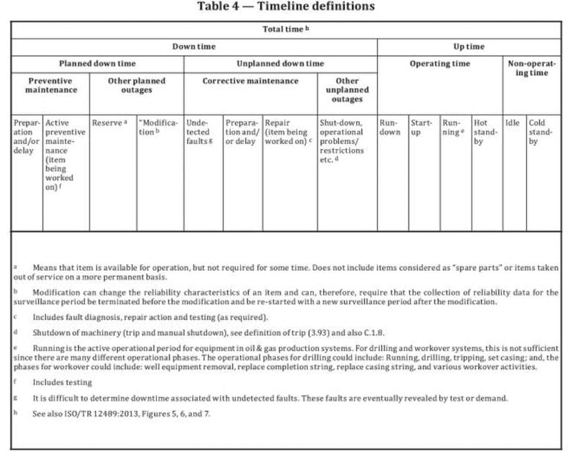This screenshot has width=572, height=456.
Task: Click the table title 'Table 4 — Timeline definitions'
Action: click(285, 7)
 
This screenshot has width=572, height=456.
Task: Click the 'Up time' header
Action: click(468, 46)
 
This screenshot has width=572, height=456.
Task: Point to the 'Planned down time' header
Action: click(98, 63)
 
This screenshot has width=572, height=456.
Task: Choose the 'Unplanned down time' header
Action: click(280, 63)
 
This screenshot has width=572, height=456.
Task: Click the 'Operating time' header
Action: click(439, 63)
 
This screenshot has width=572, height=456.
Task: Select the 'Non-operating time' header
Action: click(532, 68)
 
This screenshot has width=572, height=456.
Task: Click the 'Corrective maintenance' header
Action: click(250, 80)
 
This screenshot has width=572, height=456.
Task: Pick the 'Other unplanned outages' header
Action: click(346, 89)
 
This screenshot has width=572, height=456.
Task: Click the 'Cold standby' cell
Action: click(541, 132)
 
